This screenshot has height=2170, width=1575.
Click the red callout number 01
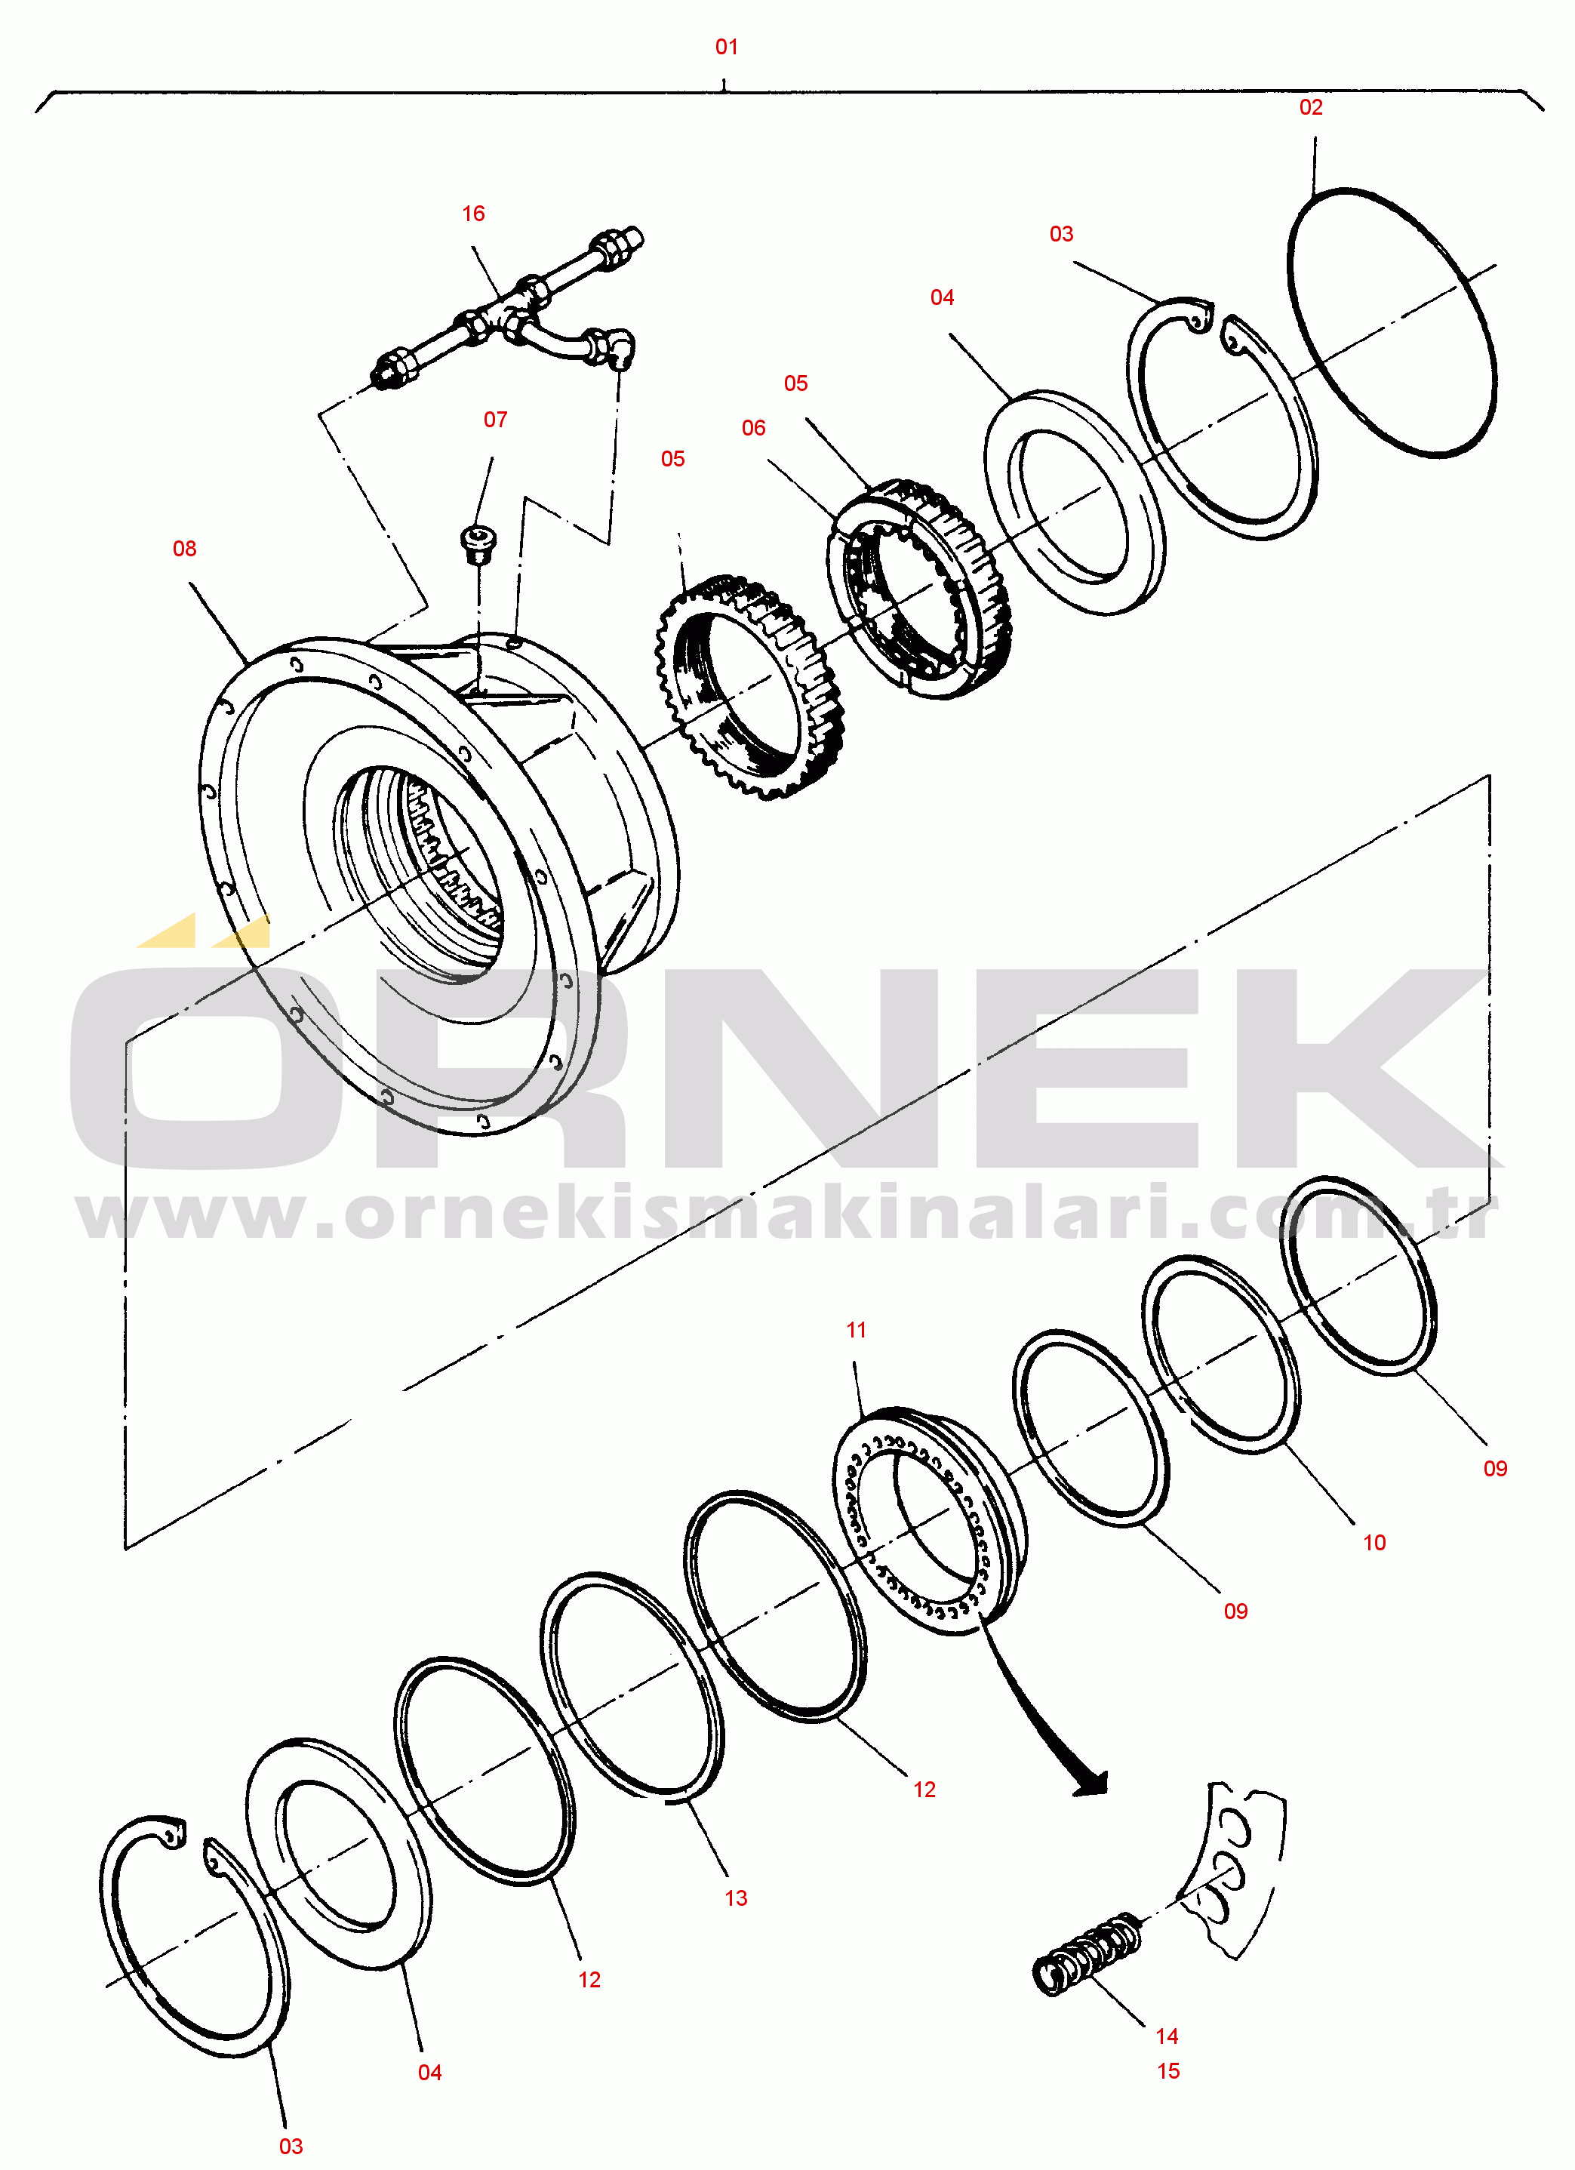726,47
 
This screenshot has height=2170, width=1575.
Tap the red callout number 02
1310,107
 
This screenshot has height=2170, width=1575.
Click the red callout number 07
495,419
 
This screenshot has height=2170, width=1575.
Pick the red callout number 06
753,428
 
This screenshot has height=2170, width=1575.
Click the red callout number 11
856,1330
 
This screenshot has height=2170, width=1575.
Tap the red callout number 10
1374,1542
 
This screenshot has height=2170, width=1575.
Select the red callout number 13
735,1898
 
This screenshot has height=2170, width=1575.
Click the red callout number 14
1167,2036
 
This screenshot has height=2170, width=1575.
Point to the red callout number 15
1167,2071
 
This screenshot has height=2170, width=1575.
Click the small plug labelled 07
478,543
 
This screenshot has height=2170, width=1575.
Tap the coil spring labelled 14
1087,1954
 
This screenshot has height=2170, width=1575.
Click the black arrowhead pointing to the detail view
1091,1784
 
